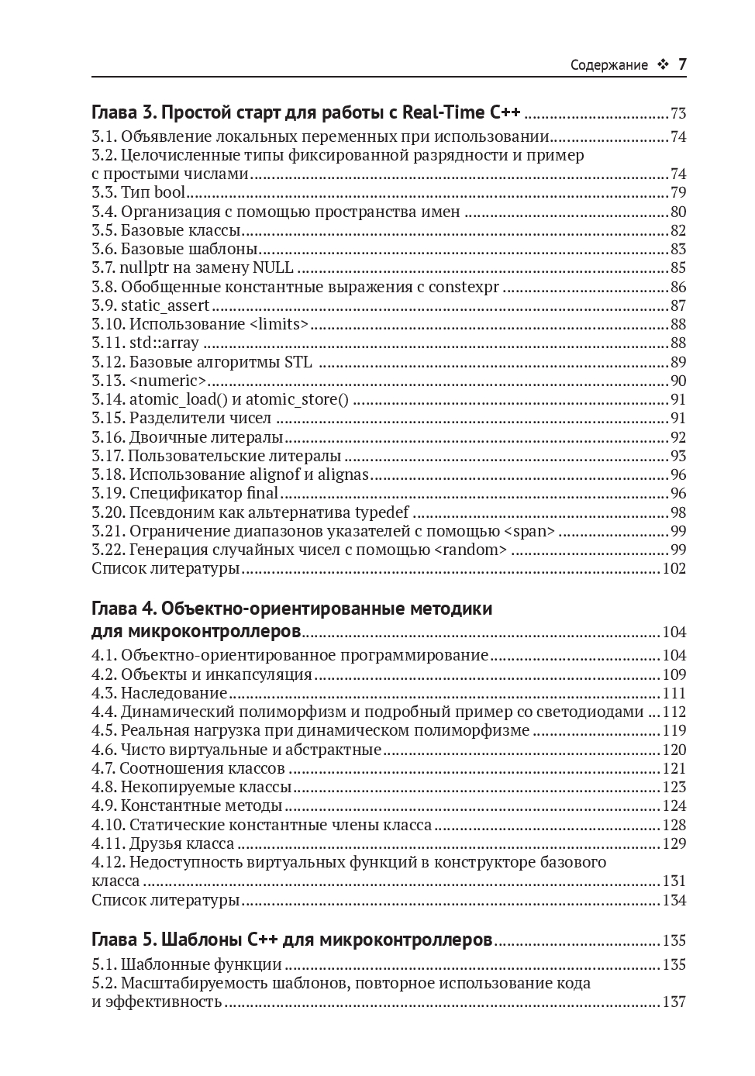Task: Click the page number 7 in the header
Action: click(682, 64)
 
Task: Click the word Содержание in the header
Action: click(608, 65)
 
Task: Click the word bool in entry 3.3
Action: click(170, 193)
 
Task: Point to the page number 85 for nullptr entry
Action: click(678, 268)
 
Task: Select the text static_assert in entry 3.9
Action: click(165, 305)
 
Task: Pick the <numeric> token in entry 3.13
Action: click(168, 381)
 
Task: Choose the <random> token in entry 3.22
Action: click(471, 550)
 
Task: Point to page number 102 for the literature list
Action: click(674, 568)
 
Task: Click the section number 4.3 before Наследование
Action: click(103, 693)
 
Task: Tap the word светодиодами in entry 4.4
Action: click(594, 712)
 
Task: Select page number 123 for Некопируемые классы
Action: click(674, 787)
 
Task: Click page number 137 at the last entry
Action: click(674, 1002)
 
